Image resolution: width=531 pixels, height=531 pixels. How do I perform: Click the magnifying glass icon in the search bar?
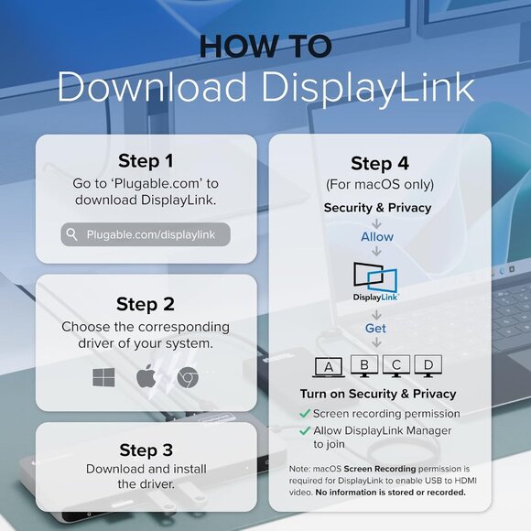tap(71, 234)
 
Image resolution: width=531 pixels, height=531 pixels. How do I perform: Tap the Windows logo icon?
tap(103, 377)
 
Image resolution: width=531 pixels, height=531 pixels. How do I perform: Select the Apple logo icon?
tap(146, 376)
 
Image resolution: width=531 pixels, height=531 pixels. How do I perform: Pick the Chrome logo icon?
tap(188, 377)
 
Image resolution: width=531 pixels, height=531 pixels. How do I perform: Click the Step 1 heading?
tap(146, 160)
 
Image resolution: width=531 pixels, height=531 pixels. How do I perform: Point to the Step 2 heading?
tap(146, 304)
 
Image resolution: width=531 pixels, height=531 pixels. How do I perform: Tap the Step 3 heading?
tap(146, 450)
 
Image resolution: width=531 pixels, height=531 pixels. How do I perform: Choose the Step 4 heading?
tap(380, 163)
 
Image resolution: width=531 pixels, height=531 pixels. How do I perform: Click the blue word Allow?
tap(377, 237)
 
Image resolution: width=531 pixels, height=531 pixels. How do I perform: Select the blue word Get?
tap(375, 328)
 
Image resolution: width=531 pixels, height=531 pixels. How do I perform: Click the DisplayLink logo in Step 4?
tap(375, 282)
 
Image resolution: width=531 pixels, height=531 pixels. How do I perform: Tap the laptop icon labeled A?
tap(329, 367)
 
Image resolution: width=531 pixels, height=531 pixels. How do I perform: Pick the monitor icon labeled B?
tap(364, 365)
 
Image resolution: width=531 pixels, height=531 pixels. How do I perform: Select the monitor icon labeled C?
tap(396, 365)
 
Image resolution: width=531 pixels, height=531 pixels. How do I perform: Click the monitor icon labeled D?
tap(428, 365)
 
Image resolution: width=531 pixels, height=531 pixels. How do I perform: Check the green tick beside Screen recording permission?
tap(305, 413)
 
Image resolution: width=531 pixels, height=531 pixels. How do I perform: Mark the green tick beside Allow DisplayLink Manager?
tap(305, 430)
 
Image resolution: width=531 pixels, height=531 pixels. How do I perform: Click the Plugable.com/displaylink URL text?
tap(151, 234)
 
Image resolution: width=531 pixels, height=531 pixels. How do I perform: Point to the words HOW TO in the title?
tap(265, 46)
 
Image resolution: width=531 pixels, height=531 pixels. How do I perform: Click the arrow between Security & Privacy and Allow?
tap(376, 223)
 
